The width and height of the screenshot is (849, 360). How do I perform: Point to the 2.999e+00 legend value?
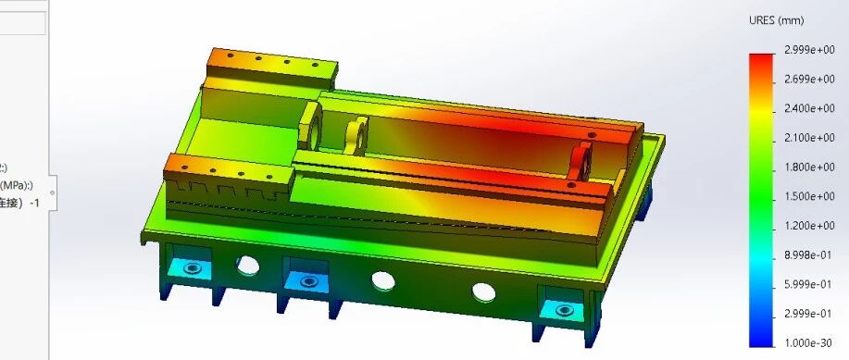click(x=809, y=50)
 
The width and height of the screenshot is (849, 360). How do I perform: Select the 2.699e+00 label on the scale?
click(x=809, y=80)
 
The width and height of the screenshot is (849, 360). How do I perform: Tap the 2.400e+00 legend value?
click(x=809, y=108)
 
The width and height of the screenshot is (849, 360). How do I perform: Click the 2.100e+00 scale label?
click(x=809, y=138)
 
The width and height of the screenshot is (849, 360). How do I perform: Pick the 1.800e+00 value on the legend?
click(x=809, y=168)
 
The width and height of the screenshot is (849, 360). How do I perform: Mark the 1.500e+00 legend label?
click(x=809, y=197)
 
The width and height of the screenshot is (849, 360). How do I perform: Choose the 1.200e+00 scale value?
click(x=809, y=226)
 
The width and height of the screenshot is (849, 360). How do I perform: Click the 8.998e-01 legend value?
click(x=809, y=255)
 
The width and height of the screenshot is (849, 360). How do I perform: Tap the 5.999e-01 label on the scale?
click(x=809, y=284)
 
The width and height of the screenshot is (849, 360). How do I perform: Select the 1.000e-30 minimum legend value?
click(x=809, y=342)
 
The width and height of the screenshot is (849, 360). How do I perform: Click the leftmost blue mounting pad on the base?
click(x=193, y=268)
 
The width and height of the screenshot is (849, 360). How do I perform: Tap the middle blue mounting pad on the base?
click(x=306, y=279)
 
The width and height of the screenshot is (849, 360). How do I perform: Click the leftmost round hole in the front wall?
click(x=248, y=266)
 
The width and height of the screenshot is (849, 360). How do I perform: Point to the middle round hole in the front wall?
click(x=381, y=279)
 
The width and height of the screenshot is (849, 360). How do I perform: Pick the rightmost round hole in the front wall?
click(x=483, y=292)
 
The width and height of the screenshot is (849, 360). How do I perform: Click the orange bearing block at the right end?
click(x=583, y=158)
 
